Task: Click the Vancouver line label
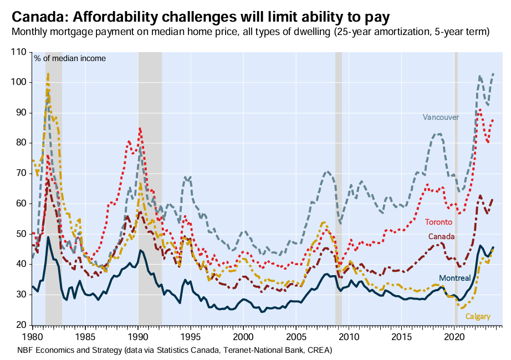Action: [x=441, y=118]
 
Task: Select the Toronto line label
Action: [x=438, y=222]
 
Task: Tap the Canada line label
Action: [x=441, y=236]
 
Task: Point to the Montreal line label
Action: [x=454, y=278]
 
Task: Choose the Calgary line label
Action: [x=477, y=316]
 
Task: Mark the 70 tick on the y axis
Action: [x=21, y=173]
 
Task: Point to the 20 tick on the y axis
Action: [x=21, y=324]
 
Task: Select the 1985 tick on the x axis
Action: [x=85, y=337]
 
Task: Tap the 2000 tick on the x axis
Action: [x=243, y=337]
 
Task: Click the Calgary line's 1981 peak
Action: [x=48, y=73]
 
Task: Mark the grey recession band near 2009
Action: [x=338, y=189]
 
